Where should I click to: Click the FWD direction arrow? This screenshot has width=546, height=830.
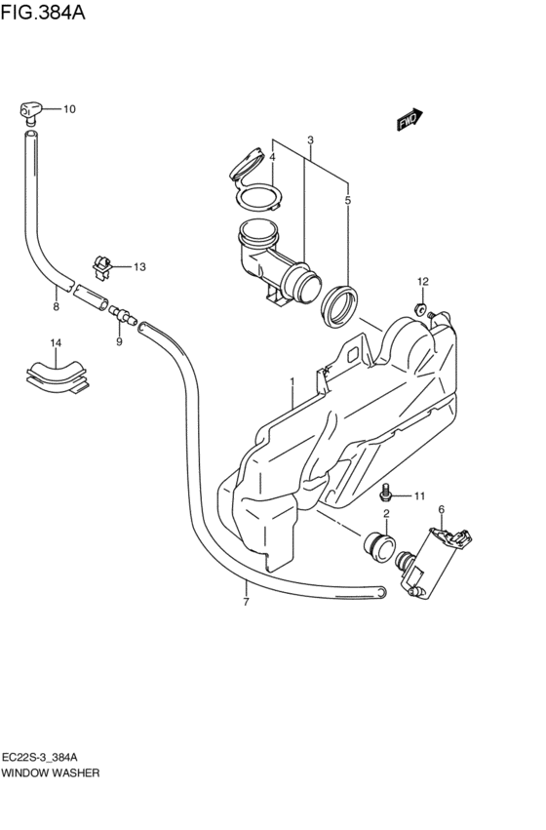tap(410, 120)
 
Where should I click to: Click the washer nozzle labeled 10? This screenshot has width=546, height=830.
tap(30, 111)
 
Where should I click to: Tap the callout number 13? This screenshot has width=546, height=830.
tap(139, 267)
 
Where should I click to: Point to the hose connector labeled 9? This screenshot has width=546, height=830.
tap(123, 316)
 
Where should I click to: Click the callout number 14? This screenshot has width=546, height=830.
tap(56, 343)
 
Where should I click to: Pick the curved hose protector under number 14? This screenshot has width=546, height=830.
tap(58, 375)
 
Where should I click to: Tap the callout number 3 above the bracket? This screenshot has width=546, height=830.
tap(311, 140)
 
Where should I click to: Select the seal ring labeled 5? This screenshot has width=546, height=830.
tap(339, 306)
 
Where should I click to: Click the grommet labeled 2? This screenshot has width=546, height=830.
tap(379, 547)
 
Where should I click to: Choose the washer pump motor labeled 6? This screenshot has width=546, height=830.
tap(435, 561)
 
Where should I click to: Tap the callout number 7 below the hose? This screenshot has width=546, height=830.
tap(246, 602)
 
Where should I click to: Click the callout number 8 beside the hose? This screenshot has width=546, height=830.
tap(57, 306)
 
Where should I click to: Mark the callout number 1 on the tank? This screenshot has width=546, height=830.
tap(292, 381)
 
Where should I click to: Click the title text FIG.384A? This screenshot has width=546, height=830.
tap(43, 12)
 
